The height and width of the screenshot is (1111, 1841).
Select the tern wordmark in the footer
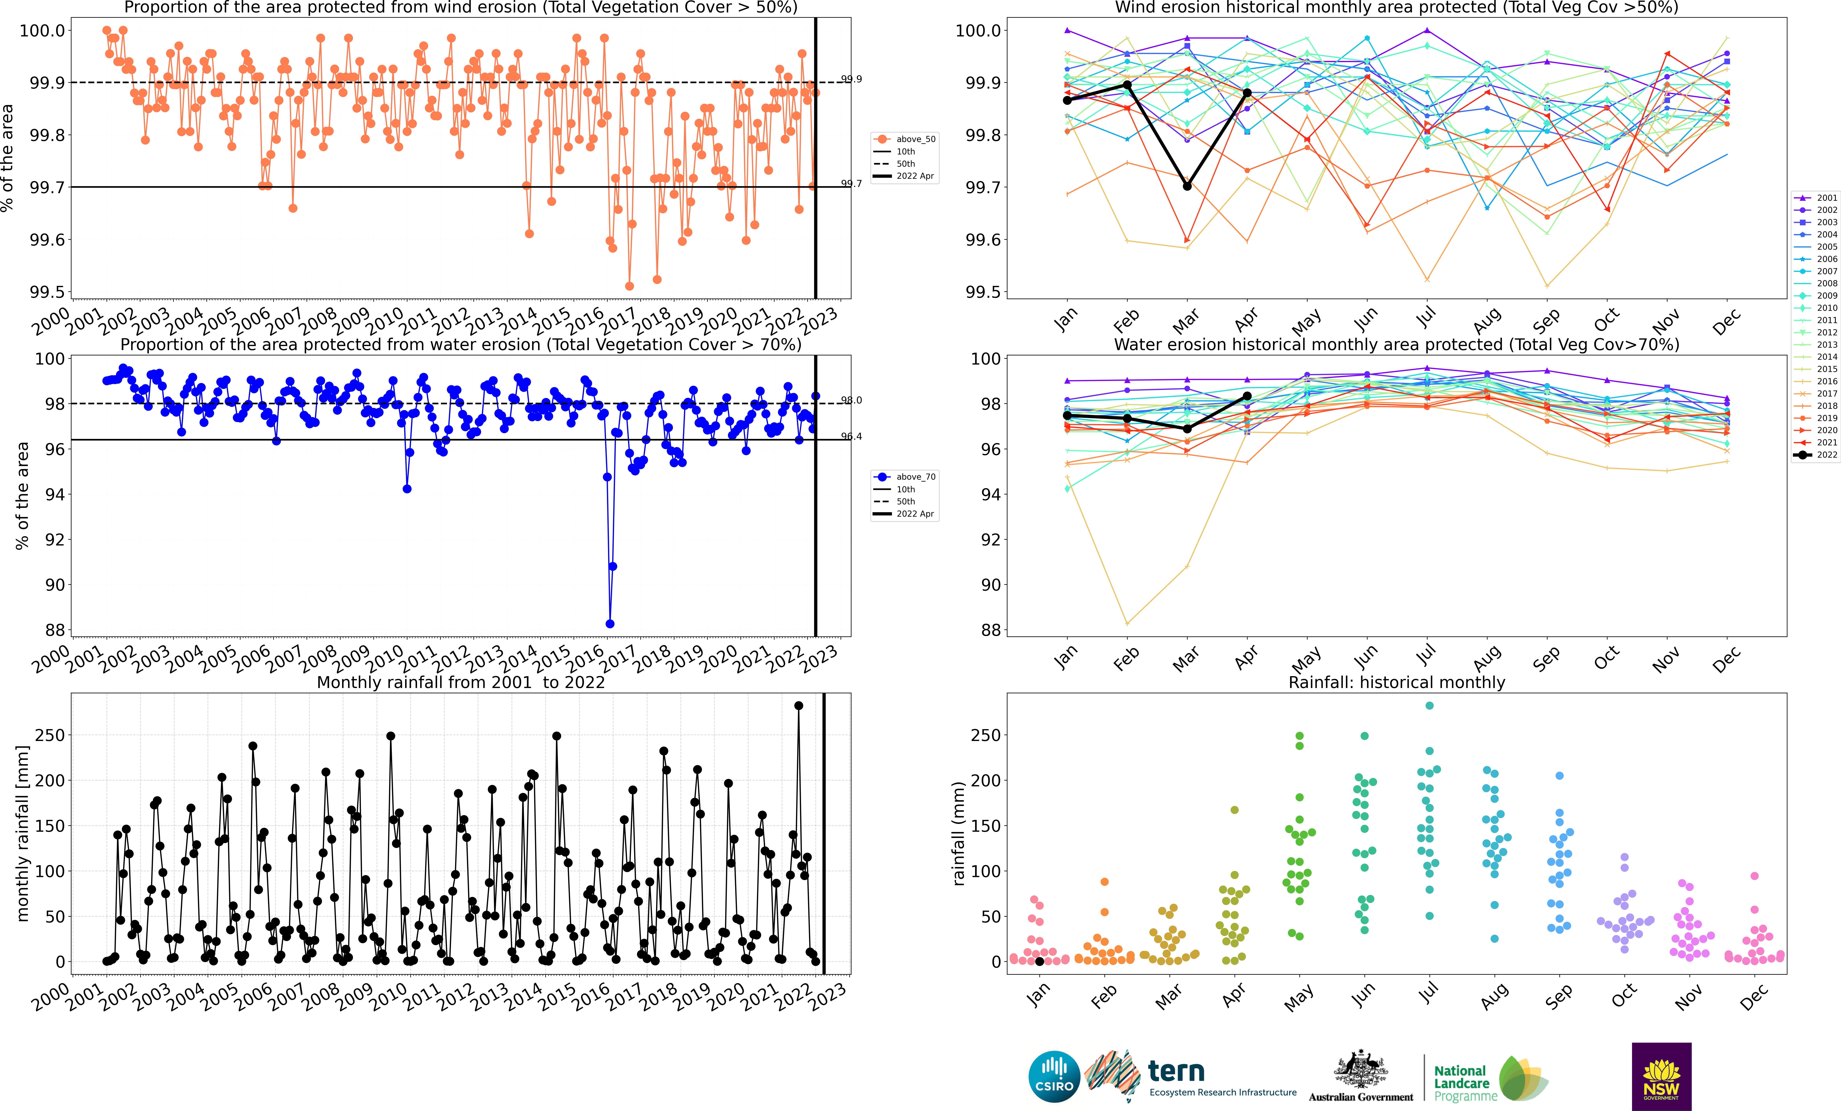(1176, 1071)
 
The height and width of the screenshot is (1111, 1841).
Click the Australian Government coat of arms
(1361, 1070)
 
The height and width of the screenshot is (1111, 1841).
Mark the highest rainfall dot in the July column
(1429, 705)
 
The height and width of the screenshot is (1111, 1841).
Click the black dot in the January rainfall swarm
(1039, 962)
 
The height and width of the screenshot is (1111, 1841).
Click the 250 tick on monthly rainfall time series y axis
(50, 735)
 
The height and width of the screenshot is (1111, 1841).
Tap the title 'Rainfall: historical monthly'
(1396, 682)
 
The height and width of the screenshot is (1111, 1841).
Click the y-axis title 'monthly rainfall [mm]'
(23, 833)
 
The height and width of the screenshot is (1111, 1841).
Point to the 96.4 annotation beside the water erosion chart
(851, 436)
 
